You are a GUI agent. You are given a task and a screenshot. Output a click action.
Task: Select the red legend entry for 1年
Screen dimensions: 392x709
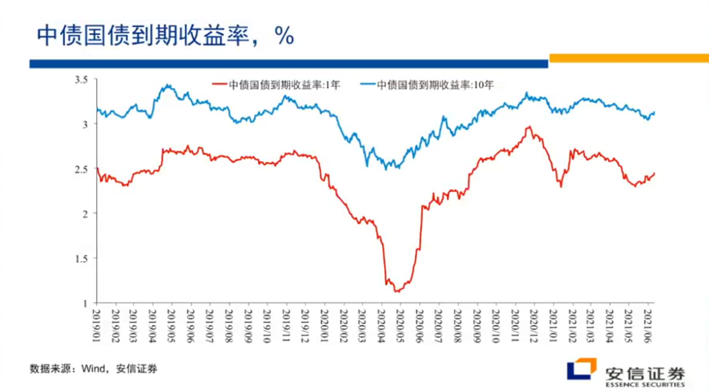[275, 85]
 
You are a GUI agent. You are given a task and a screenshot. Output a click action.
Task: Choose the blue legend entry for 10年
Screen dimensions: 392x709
[427, 85]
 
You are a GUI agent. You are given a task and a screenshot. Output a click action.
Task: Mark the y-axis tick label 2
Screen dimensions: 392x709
[85, 214]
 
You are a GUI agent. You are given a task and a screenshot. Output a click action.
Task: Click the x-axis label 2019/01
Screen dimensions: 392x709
[96, 326]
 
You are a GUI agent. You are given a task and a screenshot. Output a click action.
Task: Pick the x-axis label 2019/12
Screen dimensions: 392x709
[305, 326]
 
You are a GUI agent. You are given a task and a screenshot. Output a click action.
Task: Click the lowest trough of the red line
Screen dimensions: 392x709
[397, 291]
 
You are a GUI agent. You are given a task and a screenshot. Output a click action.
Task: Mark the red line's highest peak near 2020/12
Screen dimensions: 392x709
[528, 127]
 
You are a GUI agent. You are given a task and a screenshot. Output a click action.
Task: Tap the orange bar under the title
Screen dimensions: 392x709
[628, 58]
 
